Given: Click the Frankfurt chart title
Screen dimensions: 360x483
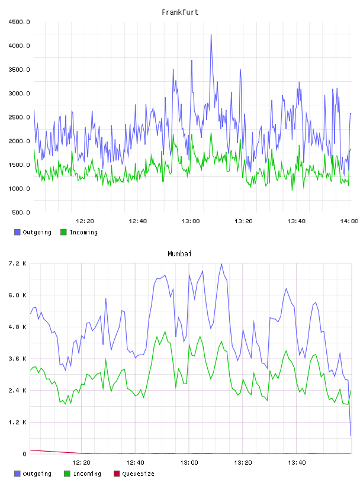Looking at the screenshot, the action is (x=180, y=12).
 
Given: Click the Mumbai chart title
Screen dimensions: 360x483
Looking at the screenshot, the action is (x=179, y=254).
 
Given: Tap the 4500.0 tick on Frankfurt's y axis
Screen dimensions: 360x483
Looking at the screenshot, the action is (x=19, y=22).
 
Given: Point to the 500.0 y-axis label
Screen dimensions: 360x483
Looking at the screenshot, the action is (x=21, y=212).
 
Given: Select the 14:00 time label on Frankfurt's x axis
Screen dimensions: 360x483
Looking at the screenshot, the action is (x=349, y=221).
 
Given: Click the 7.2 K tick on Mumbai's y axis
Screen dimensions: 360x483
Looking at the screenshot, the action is (x=17, y=263).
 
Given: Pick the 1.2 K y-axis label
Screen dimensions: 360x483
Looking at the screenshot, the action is (x=17, y=422).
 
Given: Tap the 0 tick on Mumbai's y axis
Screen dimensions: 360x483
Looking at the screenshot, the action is (x=24, y=454).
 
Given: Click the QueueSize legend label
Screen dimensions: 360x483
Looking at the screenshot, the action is (x=138, y=474).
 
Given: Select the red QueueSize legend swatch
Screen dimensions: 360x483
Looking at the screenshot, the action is (x=117, y=474).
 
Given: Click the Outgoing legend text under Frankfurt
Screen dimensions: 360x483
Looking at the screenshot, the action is (x=37, y=232).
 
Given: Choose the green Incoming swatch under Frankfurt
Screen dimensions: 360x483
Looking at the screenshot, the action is (x=63, y=232).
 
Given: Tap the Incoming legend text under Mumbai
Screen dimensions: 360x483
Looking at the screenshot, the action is (x=87, y=474).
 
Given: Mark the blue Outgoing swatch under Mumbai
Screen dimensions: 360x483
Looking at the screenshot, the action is (x=17, y=474).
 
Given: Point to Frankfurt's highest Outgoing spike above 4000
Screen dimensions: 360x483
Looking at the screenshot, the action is (x=211, y=35).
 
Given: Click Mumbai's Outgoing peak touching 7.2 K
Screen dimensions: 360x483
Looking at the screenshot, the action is (x=221, y=264).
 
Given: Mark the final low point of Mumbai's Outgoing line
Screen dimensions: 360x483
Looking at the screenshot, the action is (x=351, y=436).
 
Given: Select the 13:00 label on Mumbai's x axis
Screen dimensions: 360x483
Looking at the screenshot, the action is (x=189, y=463).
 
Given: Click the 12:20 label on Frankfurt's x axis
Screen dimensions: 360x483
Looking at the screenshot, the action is (x=85, y=221).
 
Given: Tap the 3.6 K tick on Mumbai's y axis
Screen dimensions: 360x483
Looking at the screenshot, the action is (x=17, y=359).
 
